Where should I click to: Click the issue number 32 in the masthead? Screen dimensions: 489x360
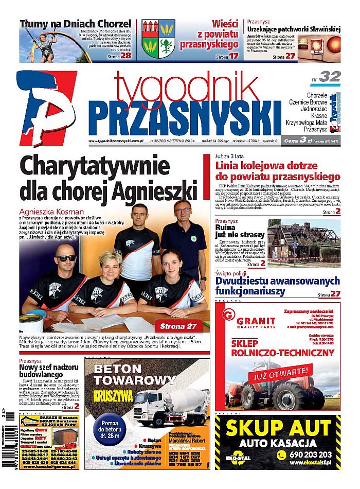[x=329, y=77]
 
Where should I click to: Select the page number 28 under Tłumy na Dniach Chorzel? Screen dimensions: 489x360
[x=126, y=55]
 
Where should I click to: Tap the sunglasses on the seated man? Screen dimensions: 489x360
[x=66, y=258]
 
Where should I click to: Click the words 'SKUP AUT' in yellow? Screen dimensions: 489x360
[x=278, y=428]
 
